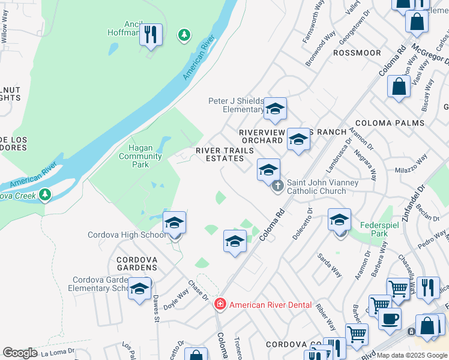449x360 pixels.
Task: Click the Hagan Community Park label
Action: click(x=140, y=156)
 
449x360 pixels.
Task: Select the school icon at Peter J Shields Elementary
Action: click(x=275, y=109)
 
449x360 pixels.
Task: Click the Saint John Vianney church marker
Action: click(x=277, y=187)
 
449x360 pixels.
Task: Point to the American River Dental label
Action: click(x=270, y=305)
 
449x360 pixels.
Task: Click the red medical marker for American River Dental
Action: click(x=220, y=305)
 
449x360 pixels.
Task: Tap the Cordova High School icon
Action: click(x=174, y=223)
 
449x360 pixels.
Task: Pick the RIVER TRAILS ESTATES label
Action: click(x=220, y=154)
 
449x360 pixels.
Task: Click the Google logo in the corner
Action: click(x=20, y=353)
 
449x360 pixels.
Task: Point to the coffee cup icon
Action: click(x=390, y=319)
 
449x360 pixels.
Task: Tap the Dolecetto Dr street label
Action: click(x=310, y=223)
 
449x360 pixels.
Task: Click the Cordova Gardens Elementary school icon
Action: click(x=139, y=289)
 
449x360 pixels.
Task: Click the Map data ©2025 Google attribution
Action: click(x=412, y=355)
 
